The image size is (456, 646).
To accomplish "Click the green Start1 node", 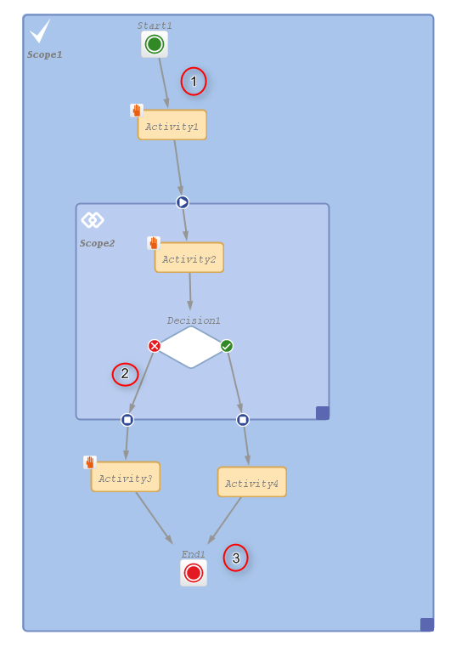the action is coord(155,44).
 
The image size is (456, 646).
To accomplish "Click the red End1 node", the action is coord(194,573).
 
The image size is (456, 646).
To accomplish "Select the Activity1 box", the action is coord(172,125).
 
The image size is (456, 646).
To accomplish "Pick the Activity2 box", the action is coord(189,258).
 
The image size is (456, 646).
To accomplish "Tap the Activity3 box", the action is coord(126,477).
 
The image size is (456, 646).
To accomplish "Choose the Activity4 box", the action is coord(252,482).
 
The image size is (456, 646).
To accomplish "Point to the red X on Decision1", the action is coord(155,346).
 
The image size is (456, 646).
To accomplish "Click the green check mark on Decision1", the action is coord(227,346).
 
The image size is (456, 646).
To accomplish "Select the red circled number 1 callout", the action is coord(194,81).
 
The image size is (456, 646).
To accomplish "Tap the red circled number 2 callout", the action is coord(125,374).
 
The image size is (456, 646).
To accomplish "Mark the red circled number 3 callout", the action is coord(236,558).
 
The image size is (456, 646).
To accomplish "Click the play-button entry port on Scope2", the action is coord(183,202).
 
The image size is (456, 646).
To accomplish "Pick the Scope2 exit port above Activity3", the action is coord(127,419).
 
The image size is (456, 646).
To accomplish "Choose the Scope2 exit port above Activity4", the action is coord(243,419).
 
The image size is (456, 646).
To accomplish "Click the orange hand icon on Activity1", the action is coord(136,110).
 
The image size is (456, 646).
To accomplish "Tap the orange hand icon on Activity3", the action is coord(90,462).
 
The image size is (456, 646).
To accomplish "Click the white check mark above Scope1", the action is coord(40,31).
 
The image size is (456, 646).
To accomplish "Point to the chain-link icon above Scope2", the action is coord(93,220).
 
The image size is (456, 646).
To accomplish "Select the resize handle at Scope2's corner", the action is coord(323,413).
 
